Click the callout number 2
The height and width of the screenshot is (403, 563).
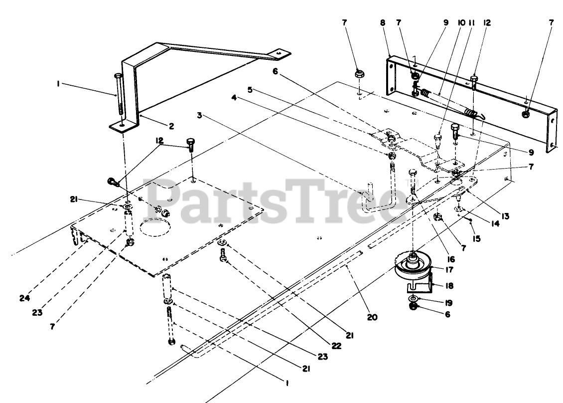coord(171,126)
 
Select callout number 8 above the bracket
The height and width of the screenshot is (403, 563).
coord(383,23)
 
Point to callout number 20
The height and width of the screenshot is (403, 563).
coord(373,317)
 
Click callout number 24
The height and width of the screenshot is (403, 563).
coord(25,298)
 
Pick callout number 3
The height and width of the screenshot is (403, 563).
coord(199,115)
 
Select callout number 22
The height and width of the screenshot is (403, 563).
coord(335,345)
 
